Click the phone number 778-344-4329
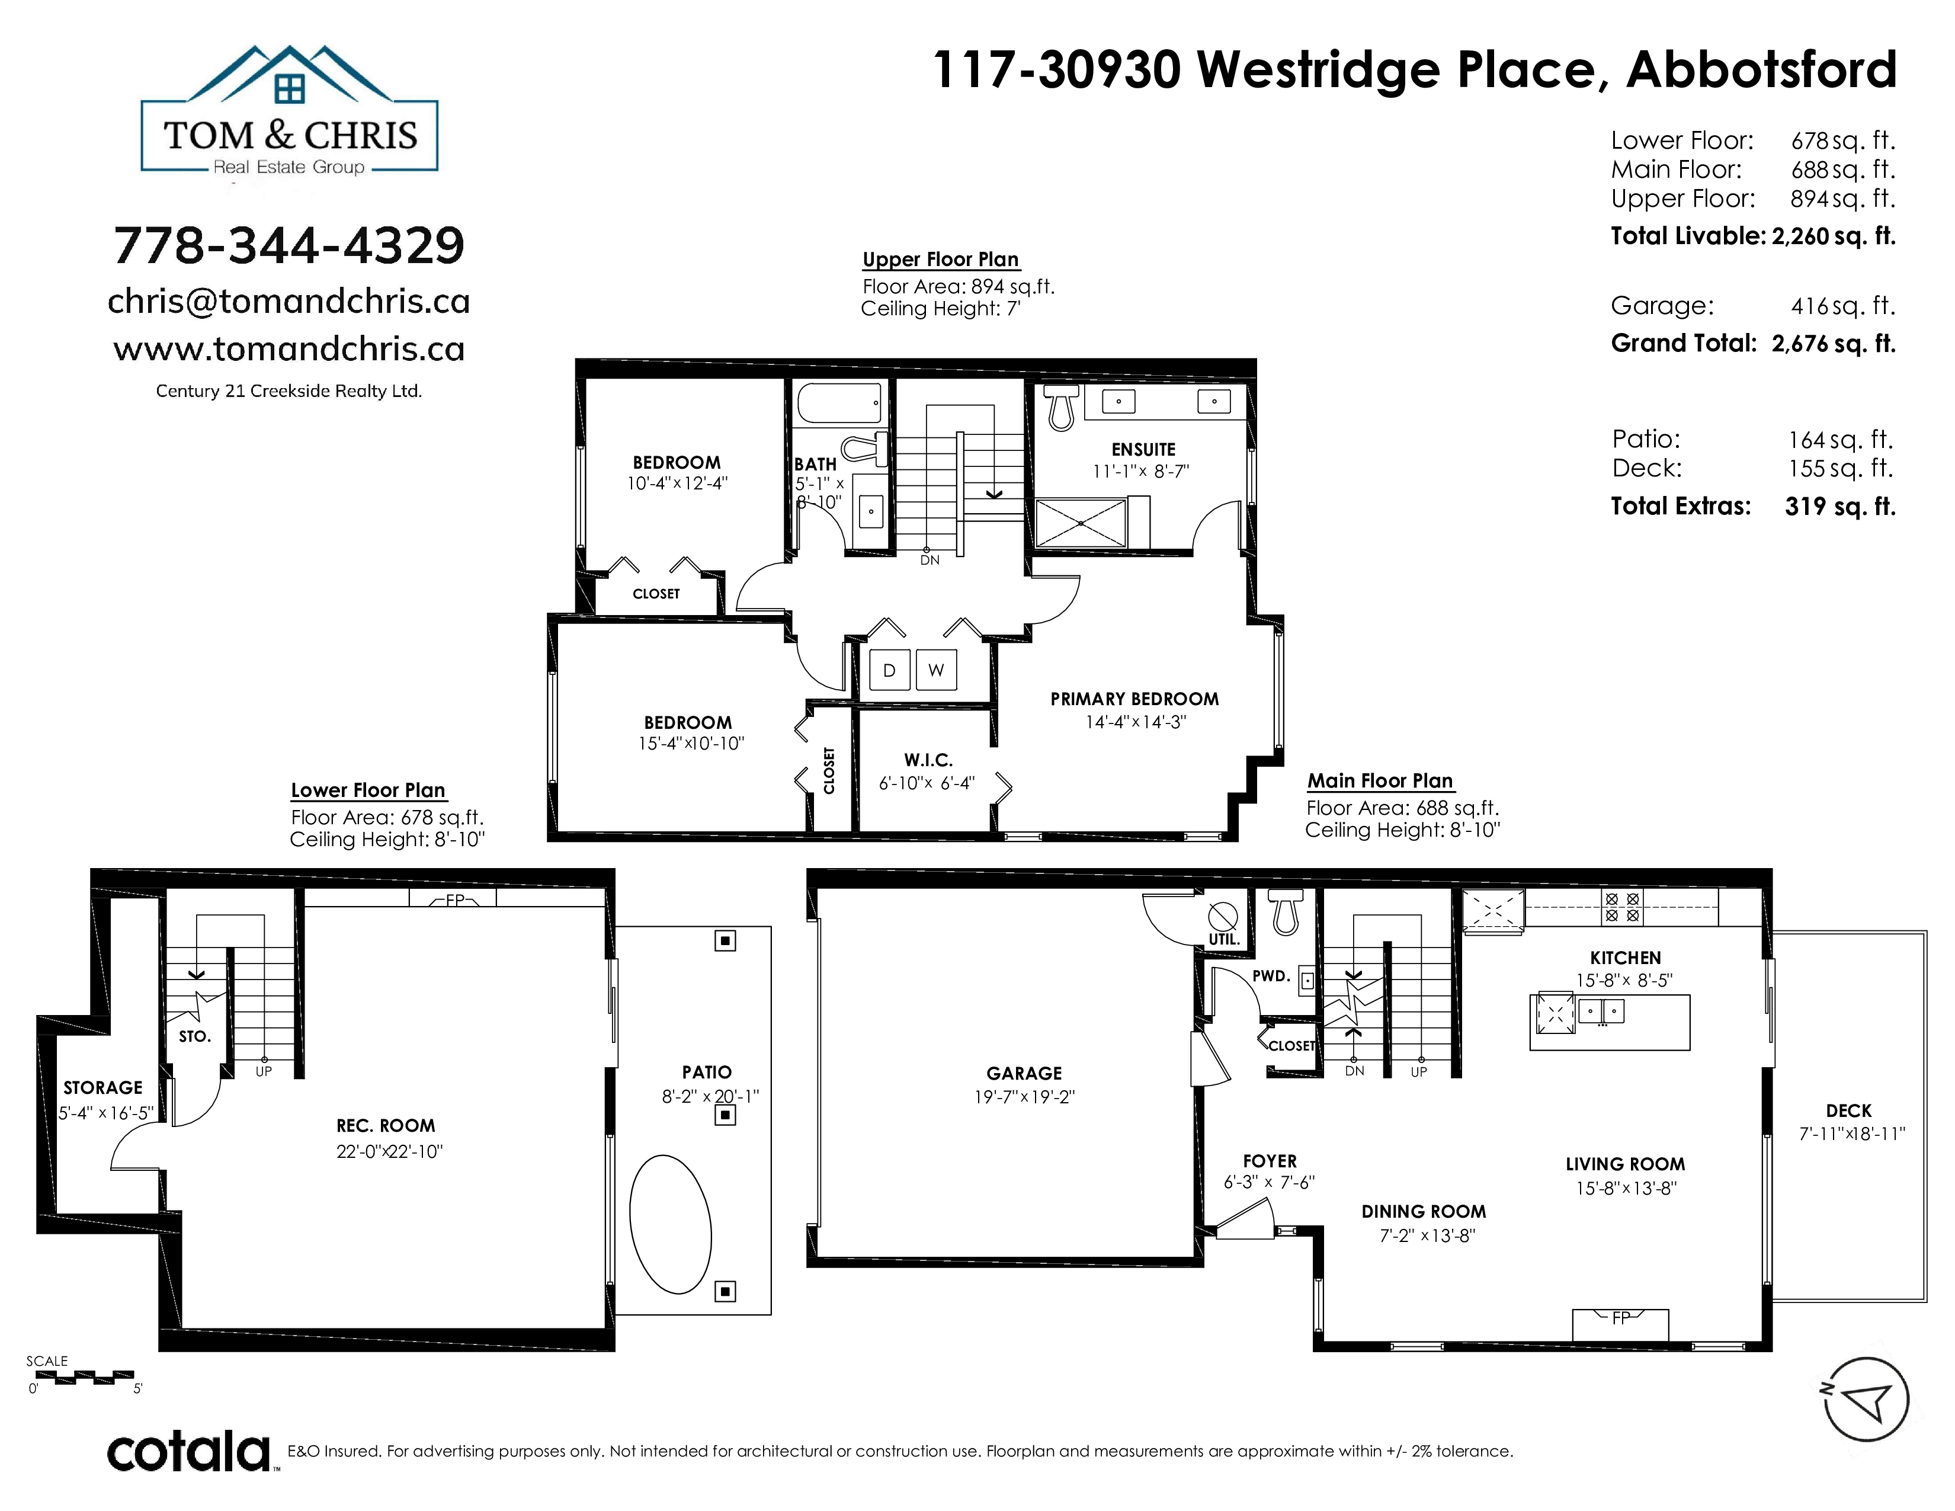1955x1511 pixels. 289,245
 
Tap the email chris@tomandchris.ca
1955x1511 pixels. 289,302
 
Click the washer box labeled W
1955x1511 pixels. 935,670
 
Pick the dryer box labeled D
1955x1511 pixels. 889,670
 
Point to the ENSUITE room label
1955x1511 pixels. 1143,449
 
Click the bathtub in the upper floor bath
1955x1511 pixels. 839,403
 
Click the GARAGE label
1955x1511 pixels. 1024,1073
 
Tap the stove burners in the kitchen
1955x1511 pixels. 1622,907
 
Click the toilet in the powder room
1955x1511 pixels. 1286,912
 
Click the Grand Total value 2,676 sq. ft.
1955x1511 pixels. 1834,344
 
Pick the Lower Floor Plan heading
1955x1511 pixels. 368,790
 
